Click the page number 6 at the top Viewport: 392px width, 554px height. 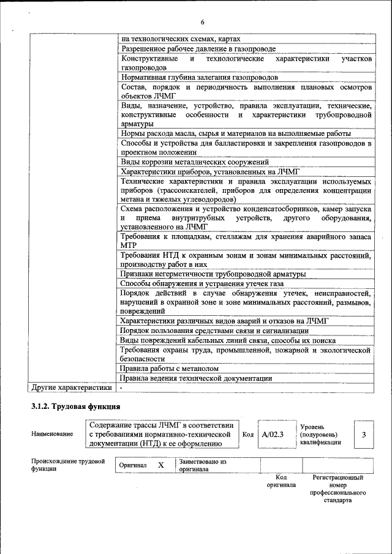point(202,23)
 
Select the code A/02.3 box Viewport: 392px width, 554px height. point(272,435)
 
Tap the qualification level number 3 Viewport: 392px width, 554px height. point(364,435)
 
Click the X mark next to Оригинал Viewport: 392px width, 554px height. point(161,465)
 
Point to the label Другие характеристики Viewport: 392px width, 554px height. point(71,387)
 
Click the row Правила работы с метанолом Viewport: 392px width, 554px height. point(170,369)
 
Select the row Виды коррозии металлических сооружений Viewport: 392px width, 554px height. point(195,162)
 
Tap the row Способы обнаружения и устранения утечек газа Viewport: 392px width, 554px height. point(202,284)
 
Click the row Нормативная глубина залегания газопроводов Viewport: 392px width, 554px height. point(200,78)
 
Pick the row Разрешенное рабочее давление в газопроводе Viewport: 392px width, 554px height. point(198,48)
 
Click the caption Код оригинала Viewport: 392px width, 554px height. point(281,481)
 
